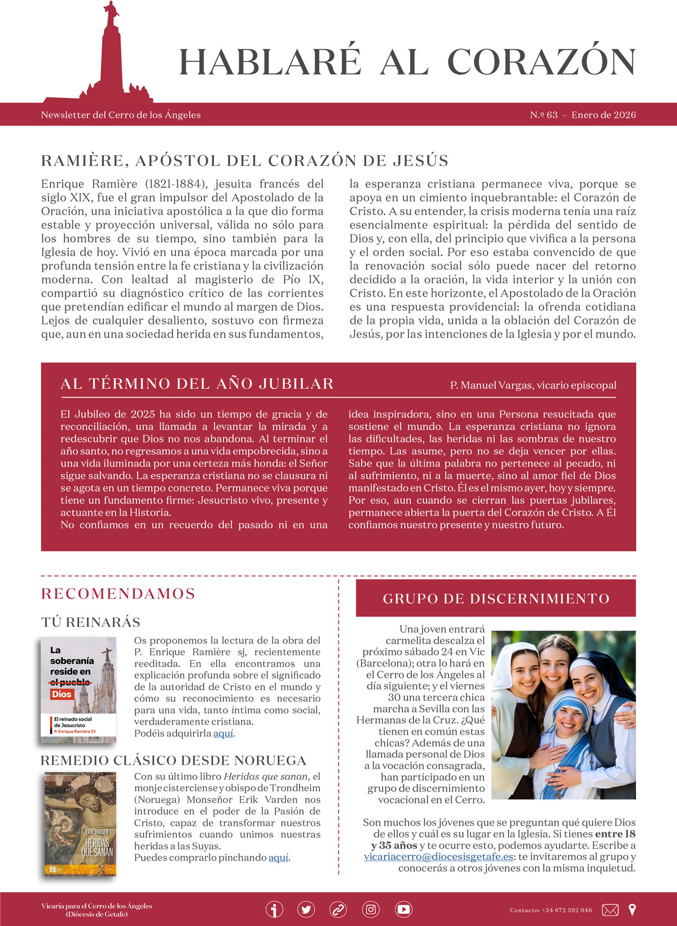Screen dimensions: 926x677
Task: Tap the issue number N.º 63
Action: (x=544, y=115)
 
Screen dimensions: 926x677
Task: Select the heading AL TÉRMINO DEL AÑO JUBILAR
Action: (x=197, y=384)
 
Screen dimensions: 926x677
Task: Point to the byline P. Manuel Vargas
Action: (x=533, y=385)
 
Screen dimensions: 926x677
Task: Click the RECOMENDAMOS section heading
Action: (x=118, y=594)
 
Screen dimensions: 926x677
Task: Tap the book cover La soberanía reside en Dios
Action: (x=78, y=690)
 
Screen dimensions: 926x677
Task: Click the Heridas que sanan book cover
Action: (x=80, y=824)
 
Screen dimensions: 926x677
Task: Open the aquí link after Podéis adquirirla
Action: (x=223, y=734)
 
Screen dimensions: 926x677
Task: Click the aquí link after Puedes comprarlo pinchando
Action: (x=278, y=858)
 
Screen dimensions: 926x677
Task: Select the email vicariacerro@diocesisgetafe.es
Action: (x=438, y=857)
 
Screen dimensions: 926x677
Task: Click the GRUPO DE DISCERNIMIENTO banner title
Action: (x=496, y=599)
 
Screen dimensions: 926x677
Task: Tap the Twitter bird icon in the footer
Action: (x=306, y=910)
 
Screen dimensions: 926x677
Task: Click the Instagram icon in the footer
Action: (x=371, y=910)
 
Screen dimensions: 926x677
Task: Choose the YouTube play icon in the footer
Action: (x=403, y=910)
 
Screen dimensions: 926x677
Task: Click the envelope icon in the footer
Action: (x=610, y=910)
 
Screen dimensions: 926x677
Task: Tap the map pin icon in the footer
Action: (x=632, y=910)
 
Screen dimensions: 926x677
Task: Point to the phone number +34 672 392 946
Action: (x=566, y=910)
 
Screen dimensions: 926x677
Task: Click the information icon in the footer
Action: (x=274, y=910)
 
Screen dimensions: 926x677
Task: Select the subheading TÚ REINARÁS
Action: (x=91, y=622)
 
